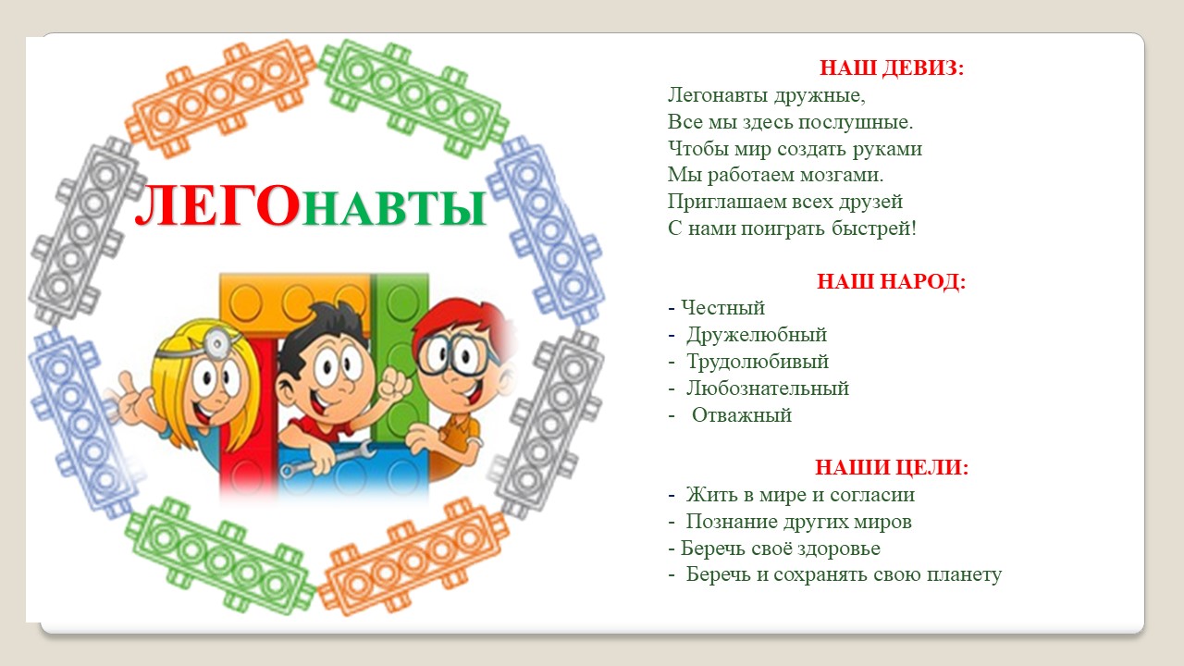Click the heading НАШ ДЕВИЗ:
892,68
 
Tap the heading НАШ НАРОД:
891,282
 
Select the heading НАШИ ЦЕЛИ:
891,468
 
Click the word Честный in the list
722,308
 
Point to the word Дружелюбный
757,336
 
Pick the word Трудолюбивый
758,363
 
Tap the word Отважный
742,416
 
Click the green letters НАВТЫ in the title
394,208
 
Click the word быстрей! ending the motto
874,229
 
